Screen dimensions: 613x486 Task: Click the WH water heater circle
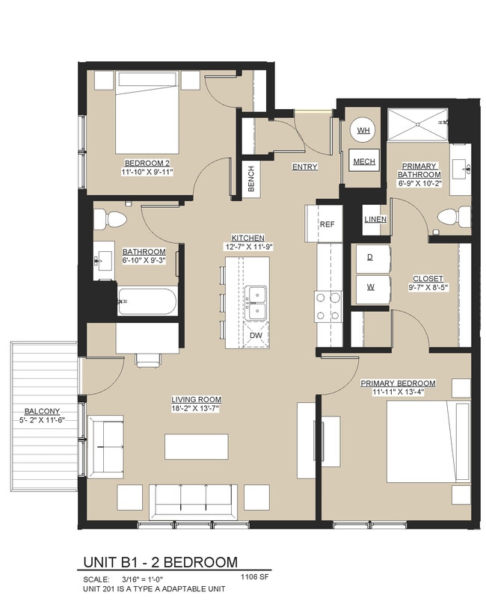(363, 131)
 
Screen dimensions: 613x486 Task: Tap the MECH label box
(363, 161)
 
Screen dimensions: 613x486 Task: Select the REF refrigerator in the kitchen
(326, 224)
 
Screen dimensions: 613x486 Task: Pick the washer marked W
(369, 286)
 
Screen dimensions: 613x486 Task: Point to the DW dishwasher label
(256, 336)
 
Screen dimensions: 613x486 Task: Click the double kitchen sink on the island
(256, 301)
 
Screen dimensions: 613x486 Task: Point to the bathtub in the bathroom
(147, 303)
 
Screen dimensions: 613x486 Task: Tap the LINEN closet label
(375, 219)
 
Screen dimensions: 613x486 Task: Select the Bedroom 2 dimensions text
(148, 171)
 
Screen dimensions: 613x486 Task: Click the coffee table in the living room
(197, 446)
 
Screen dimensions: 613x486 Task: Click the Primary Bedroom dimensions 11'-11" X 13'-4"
(398, 393)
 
